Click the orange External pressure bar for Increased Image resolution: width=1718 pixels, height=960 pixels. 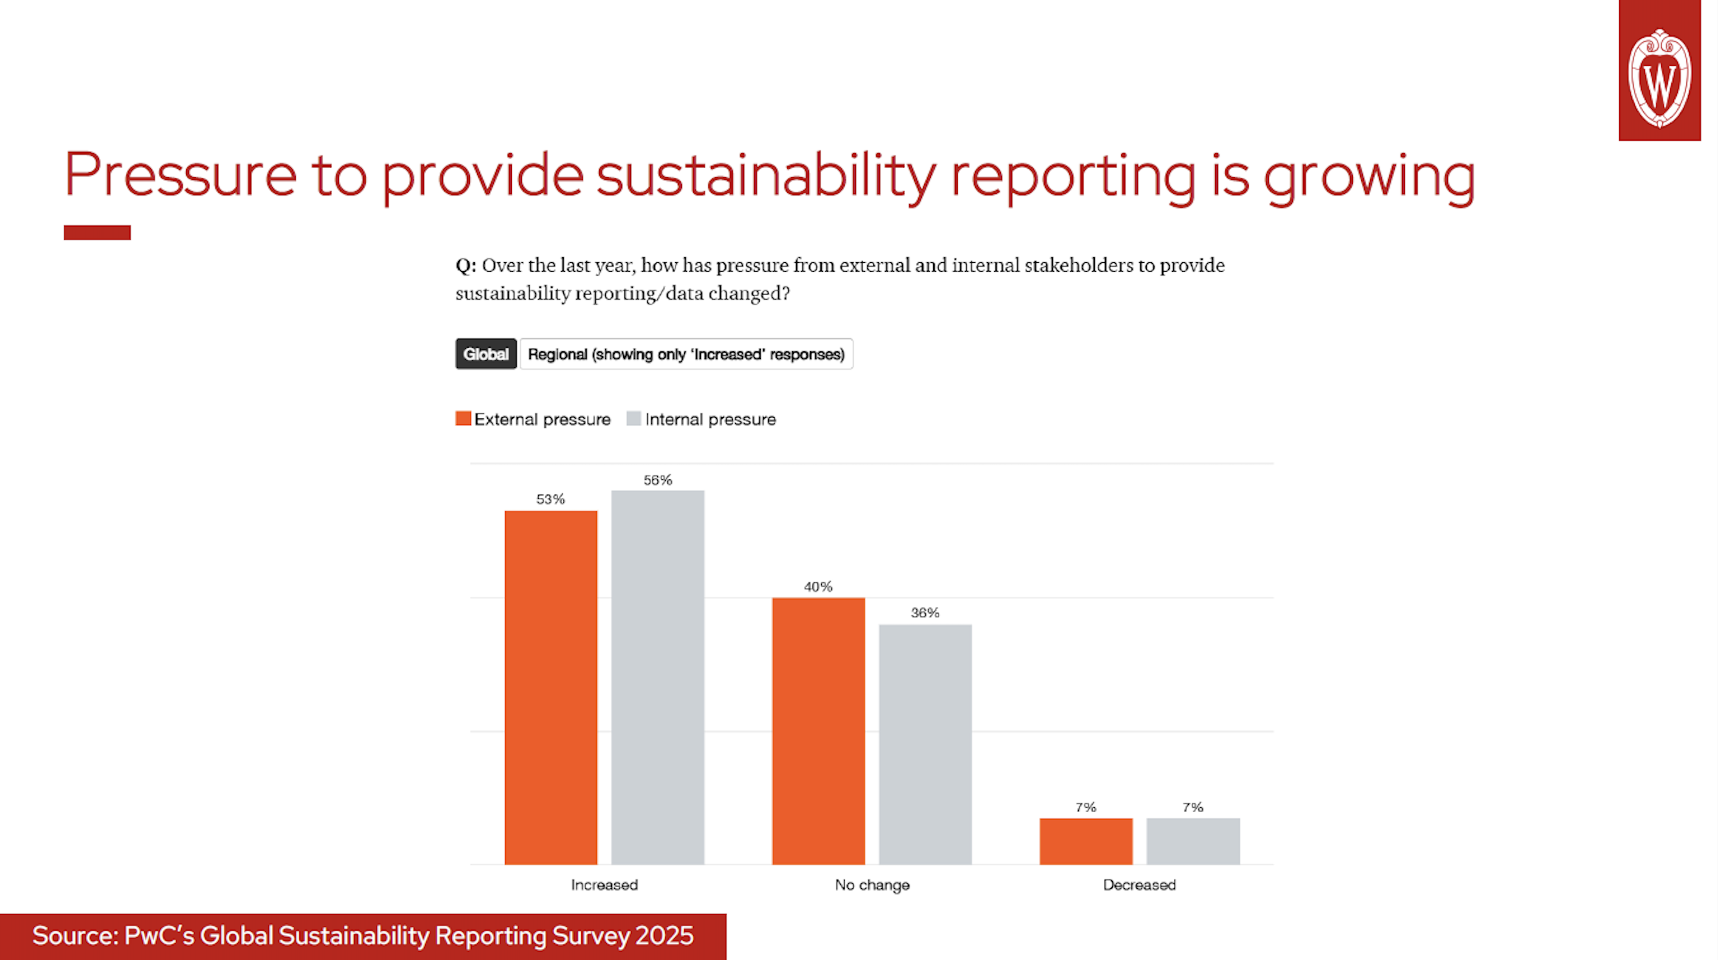pos(551,686)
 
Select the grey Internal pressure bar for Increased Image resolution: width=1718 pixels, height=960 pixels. pos(658,677)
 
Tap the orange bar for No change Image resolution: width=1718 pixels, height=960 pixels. pos(818,731)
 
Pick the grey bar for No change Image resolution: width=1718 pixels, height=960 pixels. pos(925,744)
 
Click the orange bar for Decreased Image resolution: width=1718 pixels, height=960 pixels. pos(1086,841)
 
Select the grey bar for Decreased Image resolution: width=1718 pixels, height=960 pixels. pos(1193,841)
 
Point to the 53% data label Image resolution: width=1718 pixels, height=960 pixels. pos(550,499)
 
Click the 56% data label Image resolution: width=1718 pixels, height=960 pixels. pos(658,480)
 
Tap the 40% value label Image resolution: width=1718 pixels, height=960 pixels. pos(818,587)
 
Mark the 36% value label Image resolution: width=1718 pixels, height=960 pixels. pos(925,613)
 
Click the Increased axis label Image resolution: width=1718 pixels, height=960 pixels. pos(604,885)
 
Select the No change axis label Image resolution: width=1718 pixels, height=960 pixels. pos(872,885)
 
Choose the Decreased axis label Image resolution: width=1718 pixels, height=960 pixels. pos(1139,885)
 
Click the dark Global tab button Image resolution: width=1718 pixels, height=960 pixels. pos(485,354)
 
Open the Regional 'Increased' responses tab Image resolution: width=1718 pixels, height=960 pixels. pos(686,354)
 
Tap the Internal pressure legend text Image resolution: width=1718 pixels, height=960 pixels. pos(711,420)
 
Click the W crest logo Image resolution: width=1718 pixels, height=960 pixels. pos(1659,77)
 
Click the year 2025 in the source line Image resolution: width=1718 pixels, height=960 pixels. pos(664,936)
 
